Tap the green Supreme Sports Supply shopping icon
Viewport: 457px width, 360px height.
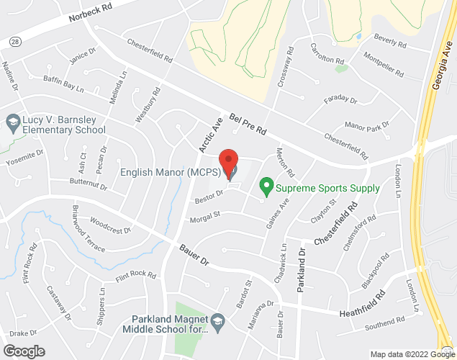pos(266,189)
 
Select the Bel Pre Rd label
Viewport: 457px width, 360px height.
pos(248,123)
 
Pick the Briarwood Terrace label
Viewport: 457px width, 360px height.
pos(88,228)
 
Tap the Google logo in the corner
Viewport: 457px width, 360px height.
pos(24,351)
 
